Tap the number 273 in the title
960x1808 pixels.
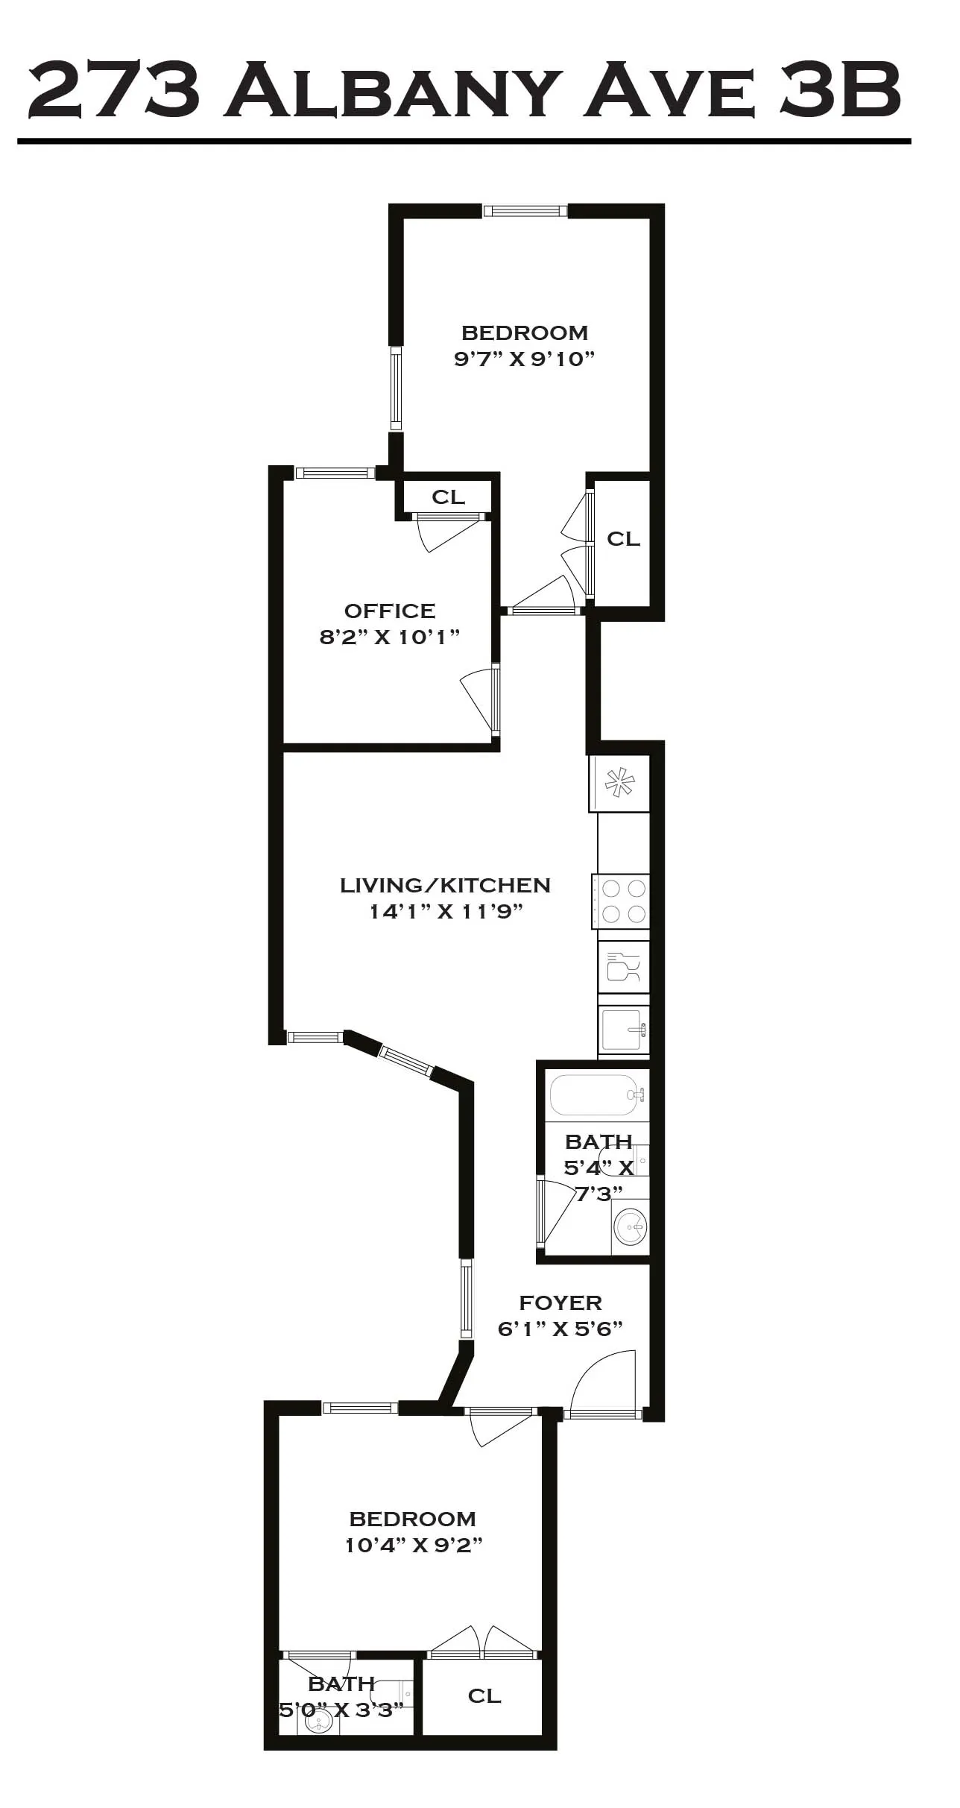click(114, 92)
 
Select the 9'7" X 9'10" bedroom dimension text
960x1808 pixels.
click(524, 359)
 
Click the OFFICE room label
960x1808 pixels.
click(390, 611)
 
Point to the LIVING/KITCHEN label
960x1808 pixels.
click(445, 885)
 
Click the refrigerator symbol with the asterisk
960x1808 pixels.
click(619, 783)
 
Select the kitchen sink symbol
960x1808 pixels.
click(623, 1029)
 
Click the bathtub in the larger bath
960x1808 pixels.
click(596, 1094)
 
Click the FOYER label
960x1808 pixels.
click(560, 1303)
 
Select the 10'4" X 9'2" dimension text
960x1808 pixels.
click(413, 1545)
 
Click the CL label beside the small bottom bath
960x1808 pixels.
click(484, 1695)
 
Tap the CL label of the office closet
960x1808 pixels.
click(448, 497)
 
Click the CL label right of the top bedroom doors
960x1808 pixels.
click(623, 538)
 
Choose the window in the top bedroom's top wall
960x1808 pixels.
click(525, 211)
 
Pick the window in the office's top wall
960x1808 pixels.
click(335, 473)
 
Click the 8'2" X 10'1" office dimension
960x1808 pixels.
click(390, 637)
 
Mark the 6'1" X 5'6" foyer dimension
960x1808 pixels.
click(560, 1329)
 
